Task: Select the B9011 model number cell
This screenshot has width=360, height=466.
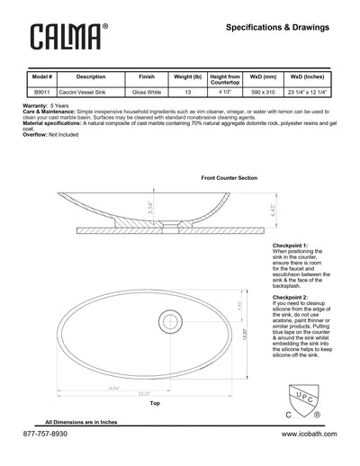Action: (41, 92)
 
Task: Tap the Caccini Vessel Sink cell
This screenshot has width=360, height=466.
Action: (91, 92)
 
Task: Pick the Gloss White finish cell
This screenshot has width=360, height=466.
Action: (146, 92)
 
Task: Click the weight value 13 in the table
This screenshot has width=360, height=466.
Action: (189, 92)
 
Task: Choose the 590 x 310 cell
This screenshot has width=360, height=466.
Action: (267, 92)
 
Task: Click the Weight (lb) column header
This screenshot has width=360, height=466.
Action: (189, 77)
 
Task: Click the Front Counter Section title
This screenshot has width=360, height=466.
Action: (227, 178)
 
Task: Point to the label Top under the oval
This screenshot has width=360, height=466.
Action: (154, 404)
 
